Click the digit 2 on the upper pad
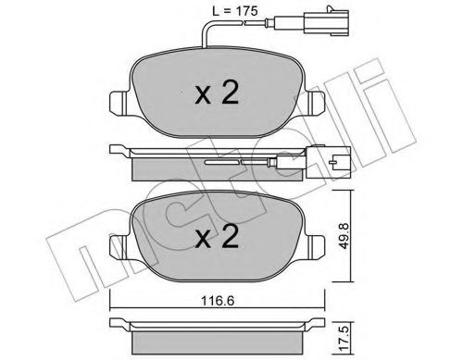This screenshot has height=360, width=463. click(x=231, y=93)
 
